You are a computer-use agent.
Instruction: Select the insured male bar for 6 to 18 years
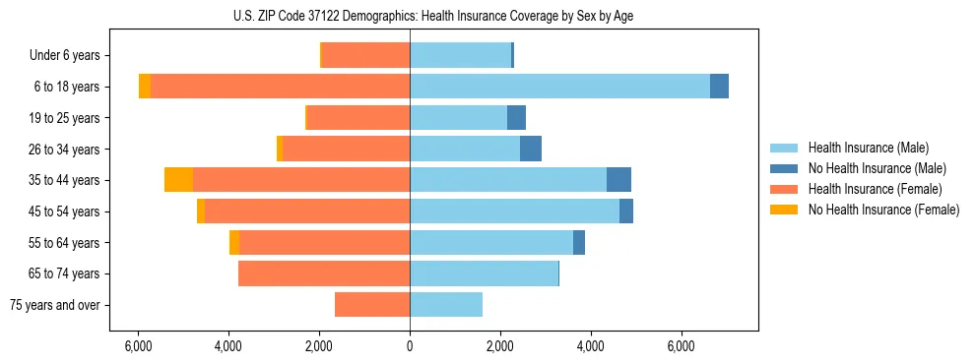pyautogui.click(x=559, y=87)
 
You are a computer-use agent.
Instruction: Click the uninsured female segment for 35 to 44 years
pyautogui.click(x=178, y=180)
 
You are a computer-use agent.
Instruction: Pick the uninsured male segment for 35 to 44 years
pyautogui.click(x=618, y=180)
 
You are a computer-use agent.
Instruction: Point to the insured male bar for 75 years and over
pyautogui.click(x=446, y=305)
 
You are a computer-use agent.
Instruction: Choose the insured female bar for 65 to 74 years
pyautogui.click(x=324, y=273)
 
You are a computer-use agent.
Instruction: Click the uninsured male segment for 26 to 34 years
pyautogui.click(x=531, y=149)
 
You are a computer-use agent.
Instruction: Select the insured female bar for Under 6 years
pyautogui.click(x=365, y=55)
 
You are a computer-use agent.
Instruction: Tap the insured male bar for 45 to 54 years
pyautogui.click(x=514, y=212)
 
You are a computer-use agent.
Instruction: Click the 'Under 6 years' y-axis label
pyautogui.click(x=64, y=55)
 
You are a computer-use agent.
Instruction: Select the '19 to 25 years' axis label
pyautogui.click(x=64, y=118)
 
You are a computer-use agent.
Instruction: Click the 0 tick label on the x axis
pyautogui.click(x=410, y=346)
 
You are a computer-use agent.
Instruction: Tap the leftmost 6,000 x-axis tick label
pyautogui.click(x=138, y=346)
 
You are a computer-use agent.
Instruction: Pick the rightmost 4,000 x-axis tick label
pyautogui.click(x=591, y=346)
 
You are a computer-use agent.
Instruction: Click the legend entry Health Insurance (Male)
pyautogui.click(x=868, y=148)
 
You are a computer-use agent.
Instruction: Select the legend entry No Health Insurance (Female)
pyautogui.click(x=883, y=210)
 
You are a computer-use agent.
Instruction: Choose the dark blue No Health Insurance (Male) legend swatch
pyautogui.click(x=784, y=168)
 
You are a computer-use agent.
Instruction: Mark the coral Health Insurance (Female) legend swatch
pyautogui.click(x=784, y=189)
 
